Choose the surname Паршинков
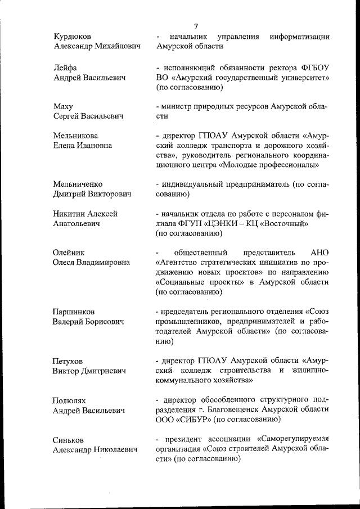74,312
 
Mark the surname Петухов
69,361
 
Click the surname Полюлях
69,400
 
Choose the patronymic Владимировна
105,263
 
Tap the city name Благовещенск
222,410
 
